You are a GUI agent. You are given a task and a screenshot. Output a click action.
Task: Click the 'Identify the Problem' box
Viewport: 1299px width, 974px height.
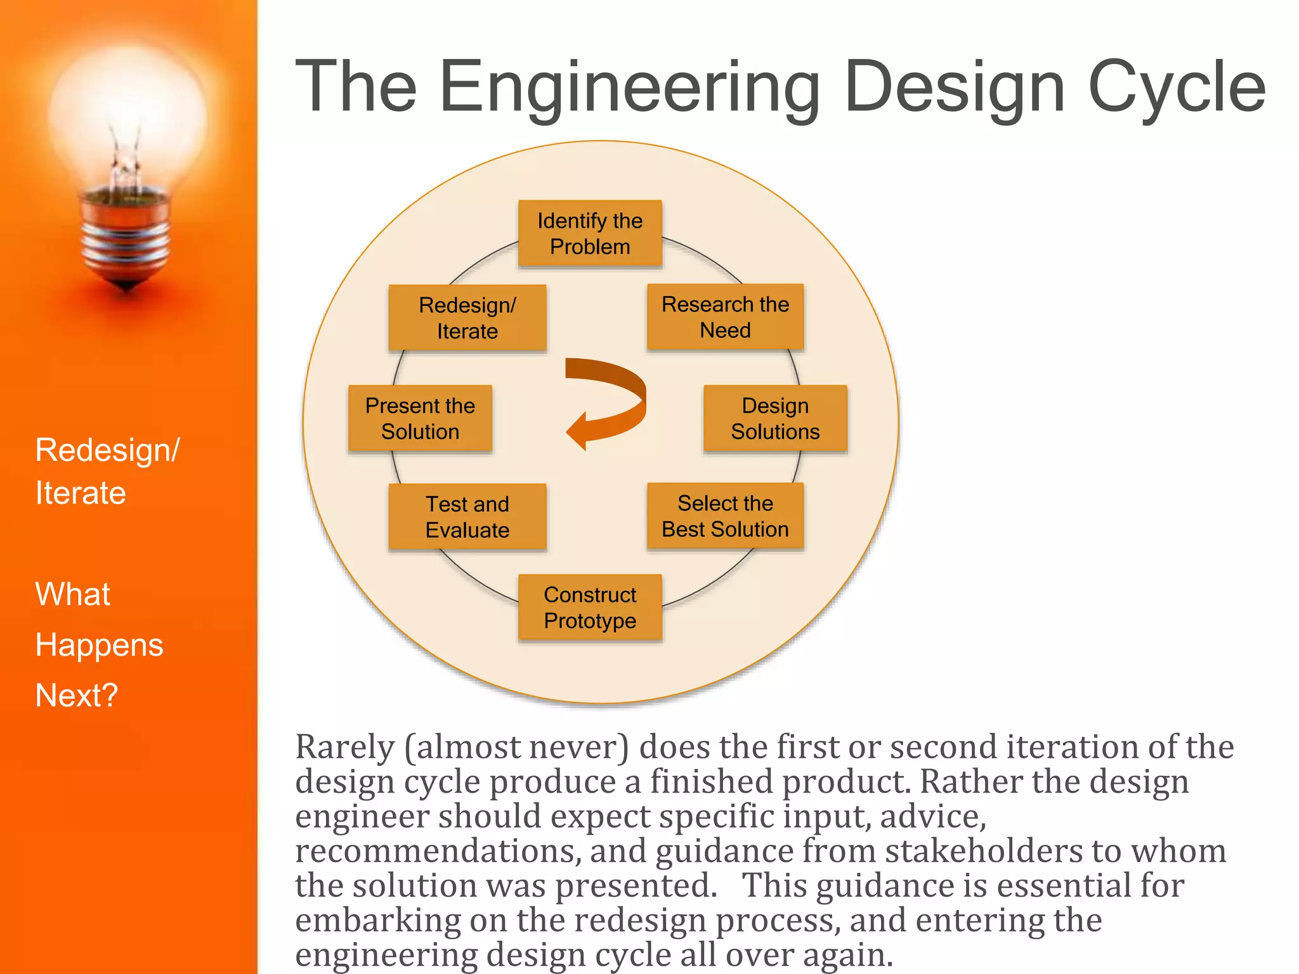coord(590,233)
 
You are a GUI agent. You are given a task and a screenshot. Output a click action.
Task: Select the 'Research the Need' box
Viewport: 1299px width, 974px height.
coord(725,317)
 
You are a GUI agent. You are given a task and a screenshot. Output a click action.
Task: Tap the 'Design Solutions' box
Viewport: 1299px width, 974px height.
coord(775,419)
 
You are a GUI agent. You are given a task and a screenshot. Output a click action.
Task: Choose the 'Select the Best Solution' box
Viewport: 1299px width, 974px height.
coord(725,516)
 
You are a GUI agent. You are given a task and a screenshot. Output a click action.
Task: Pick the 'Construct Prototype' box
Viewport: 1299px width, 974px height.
coord(590,607)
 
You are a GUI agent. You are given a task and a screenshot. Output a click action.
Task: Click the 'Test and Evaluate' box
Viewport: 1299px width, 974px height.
coord(467,517)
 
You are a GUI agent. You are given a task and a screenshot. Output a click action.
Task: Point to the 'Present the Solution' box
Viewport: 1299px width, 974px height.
coord(420,419)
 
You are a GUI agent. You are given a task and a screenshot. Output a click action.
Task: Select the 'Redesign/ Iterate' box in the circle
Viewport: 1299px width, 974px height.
coord(467,318)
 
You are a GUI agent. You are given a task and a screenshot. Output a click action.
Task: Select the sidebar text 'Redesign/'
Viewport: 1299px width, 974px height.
coord(107,451)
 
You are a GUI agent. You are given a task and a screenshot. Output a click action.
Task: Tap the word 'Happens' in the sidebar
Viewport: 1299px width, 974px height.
coord(99,646)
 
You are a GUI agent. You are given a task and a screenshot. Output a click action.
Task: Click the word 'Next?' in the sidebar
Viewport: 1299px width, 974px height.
coord(76,696)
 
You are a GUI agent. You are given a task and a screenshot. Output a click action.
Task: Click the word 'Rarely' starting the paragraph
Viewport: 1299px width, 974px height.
coord(345,748)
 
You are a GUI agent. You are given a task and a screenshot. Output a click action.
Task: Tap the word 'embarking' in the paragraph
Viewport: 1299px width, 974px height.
coord(378,921)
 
